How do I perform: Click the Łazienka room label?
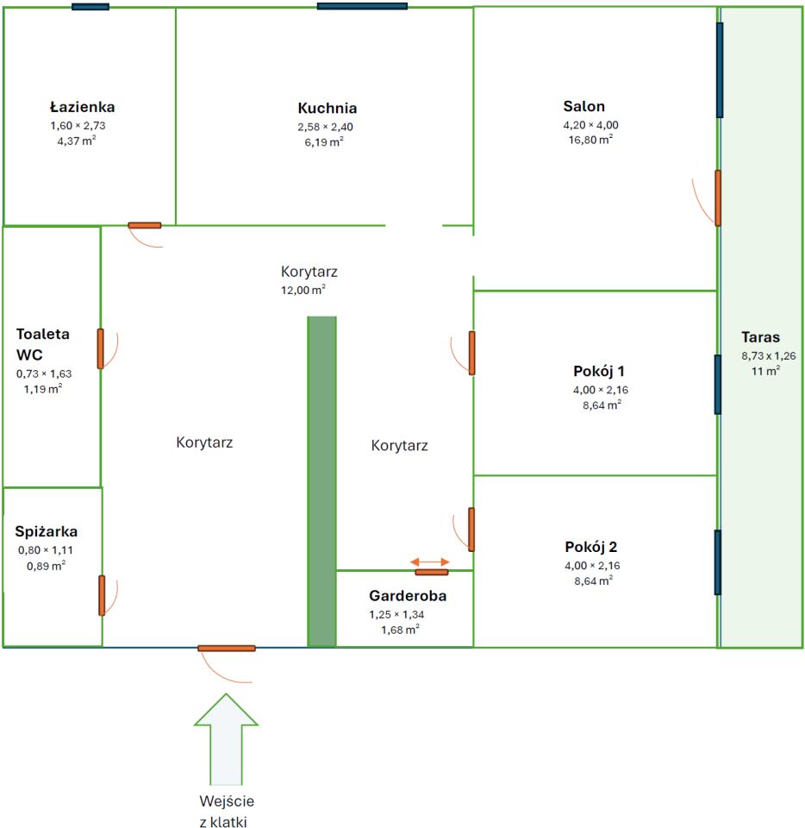tap(82, 107)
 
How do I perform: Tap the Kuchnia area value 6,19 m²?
tap(324, 141)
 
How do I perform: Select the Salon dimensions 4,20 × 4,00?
tap(591, 125)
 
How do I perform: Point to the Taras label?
tap(760, 337)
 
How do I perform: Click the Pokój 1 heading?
tap(599, 371)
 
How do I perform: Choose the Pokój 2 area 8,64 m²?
tap(594, 580)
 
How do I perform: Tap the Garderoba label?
tap(408, 596)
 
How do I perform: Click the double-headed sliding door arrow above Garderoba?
tap(430, 561)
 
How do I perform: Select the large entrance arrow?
tap(227, 739)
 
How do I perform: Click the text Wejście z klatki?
tap(227, 811)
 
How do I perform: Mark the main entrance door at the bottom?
tap(227, 649)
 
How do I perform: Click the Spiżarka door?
tap(102, 596)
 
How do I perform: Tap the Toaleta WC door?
tap(100, 348)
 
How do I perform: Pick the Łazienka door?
tap(145, 225)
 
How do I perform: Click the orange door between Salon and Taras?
tap(718, 198)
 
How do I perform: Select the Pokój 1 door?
tap(472, 354)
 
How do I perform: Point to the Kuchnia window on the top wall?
tap(362, 6)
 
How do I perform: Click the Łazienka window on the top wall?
tap(90, 7)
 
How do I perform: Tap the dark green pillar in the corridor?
tap(321, 481)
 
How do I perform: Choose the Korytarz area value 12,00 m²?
tap(303, 290)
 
